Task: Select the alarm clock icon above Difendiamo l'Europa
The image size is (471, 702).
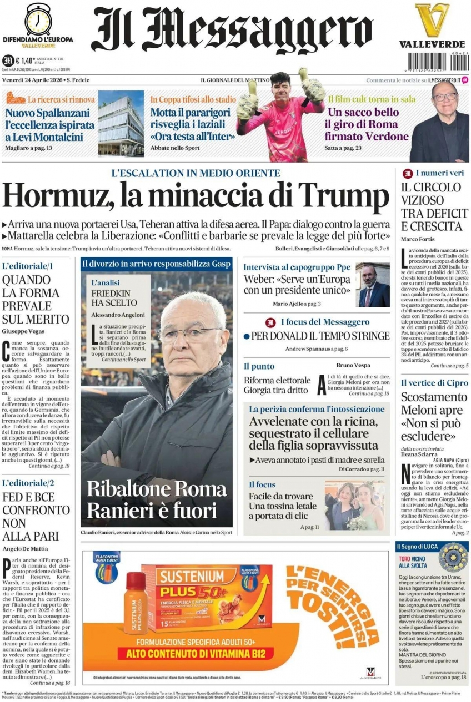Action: point(38,19)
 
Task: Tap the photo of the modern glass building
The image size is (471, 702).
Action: point(121,123)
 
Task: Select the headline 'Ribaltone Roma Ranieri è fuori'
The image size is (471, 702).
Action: point(157,498)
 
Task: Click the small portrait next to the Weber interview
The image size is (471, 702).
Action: point(373,285)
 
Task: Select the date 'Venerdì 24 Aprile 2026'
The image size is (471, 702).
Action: point(32,80)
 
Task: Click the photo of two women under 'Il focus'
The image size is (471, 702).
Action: point(354,506)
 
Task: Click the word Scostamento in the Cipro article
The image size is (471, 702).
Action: point(434,397)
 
